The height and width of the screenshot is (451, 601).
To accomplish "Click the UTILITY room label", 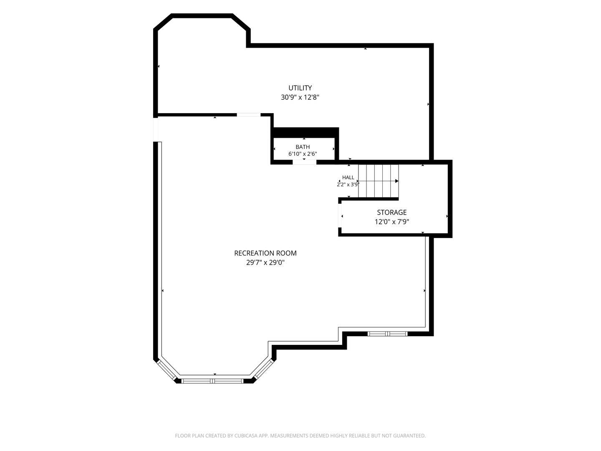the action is click(x=300, y=88).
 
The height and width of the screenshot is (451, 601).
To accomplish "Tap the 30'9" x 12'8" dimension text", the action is click(x=300, y=97).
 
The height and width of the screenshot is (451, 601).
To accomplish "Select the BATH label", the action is click(x=303, y=147).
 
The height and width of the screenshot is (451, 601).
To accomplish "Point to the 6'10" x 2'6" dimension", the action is click(x=303, y=154).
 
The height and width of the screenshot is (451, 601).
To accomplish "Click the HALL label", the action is click(x=348, y=177).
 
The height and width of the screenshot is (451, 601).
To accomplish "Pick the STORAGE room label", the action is click(x=391, y=212).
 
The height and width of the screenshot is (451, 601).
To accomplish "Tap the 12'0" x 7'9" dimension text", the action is click(x=391, y=221).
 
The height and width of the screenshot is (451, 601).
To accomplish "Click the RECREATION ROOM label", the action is click(x=265, y=253).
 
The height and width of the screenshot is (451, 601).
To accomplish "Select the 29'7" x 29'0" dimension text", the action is click(x=265, y=262).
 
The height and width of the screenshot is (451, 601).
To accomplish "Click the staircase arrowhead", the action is click(x=397, y=181).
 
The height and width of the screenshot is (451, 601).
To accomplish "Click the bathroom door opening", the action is click(x=304, y=162).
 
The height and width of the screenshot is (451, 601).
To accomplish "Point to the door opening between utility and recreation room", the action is click(x=248, y=115).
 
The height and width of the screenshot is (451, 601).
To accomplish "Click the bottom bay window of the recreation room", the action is click(x=212, y=381).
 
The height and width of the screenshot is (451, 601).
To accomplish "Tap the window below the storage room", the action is click(x=387, y=334).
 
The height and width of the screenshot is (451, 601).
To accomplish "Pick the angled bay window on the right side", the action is click(x=263, y=369).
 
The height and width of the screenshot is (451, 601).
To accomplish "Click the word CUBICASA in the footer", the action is click(x=246, y=436).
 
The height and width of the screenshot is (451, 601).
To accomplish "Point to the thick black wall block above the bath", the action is click(x=306, y=133).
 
